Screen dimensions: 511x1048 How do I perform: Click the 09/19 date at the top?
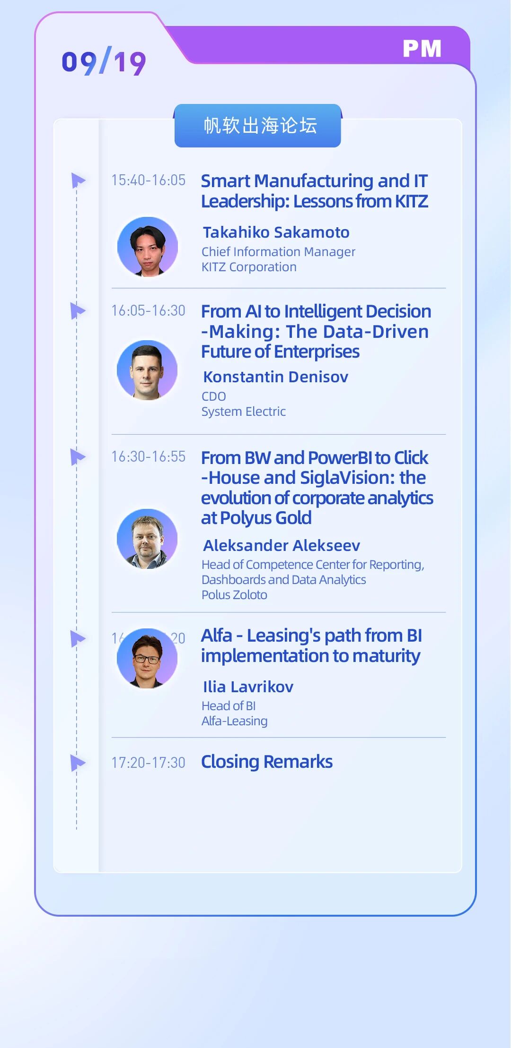pyautogui.click(x=104, y=62)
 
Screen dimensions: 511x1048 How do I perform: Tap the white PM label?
pyautogui.click(x=422, y=48)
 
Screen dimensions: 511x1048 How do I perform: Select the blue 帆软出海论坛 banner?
pyautogui.click(x=258, y=126)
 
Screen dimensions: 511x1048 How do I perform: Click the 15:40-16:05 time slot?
pyautogui.click(x=148, y=180)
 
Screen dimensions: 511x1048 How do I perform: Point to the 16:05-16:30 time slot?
pyautogui.click(x=148, y=310)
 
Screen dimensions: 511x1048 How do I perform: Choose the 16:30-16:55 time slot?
pyautogui.click(x=148, y=456)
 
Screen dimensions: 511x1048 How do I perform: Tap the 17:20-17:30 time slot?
pyautogui.click(x=148, y=763)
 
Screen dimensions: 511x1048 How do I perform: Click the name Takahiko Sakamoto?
pyautogui.click(x=276, y=232)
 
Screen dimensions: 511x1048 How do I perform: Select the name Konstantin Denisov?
pyautogui.click(x=276, y=377)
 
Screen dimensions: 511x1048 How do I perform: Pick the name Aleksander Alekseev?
pyautogui.click(x=282, y=546)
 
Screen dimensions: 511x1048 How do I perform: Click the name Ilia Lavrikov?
pyautogui.click(x=248, y=687)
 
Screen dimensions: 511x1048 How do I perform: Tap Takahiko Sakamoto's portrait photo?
pyautogui.click(x=148, y=247)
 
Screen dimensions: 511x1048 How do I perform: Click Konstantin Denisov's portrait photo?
pyautogui.click(x=147, y=370)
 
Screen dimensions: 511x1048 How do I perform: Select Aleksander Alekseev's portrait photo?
pyautogui.click(x=147, y=539)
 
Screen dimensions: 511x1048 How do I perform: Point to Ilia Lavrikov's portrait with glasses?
pyautogui.click(x=147, y=658)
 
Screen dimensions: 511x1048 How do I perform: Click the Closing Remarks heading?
pyautogui.click(x=267, y=762)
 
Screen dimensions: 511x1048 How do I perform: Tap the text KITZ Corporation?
pyautogui.click(x=249, y=267)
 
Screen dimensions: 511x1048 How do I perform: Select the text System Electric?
pyautogui.click(x=244, y=412)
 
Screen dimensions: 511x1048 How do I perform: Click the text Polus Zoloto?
pyautogui.click(x=234, y=595)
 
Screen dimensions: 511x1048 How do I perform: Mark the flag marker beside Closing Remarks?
pyautogui.click(x=78, y=763)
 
